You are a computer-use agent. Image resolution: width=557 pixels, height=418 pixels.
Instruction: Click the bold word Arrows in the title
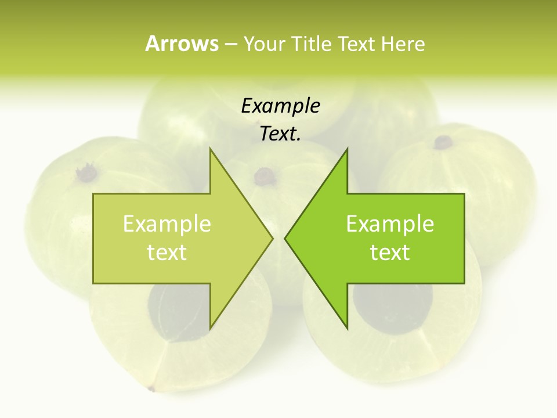point(182,44)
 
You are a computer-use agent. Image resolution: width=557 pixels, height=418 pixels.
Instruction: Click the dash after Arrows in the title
point(231,45)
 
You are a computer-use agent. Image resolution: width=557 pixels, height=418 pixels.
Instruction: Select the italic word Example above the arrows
point(280,106)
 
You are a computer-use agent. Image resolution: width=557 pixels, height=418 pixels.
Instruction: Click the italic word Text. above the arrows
point(280,134)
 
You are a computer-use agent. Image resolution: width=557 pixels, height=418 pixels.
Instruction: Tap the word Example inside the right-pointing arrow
point(167,224)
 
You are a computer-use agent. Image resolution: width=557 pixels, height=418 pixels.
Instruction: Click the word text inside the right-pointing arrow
point(167,253)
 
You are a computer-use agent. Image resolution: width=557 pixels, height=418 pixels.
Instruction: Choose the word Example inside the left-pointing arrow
point(390,224)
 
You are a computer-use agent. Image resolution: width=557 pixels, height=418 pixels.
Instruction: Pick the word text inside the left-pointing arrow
point(390,253)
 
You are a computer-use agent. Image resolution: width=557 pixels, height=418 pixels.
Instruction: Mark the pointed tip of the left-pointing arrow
point(285,238)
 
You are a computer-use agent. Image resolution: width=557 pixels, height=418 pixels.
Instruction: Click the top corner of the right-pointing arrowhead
point(210,149)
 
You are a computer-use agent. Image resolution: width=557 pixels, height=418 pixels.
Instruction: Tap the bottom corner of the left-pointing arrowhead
point(347,328)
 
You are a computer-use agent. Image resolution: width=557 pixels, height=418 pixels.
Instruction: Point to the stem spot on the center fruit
point(265,176)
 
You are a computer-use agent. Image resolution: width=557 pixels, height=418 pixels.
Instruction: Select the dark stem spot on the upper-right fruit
point(444,141)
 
